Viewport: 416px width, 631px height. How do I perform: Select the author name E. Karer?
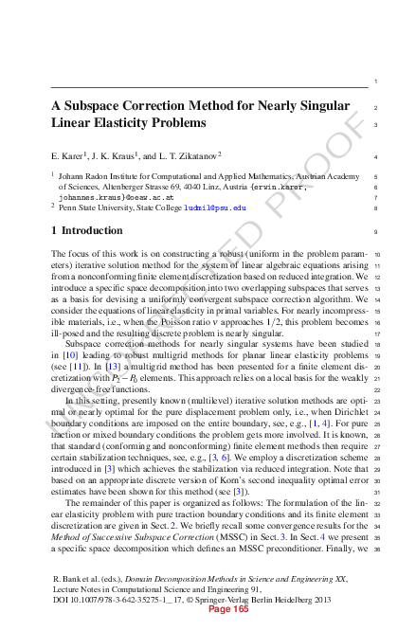pos(72,154)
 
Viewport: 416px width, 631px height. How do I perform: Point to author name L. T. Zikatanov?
pos(187,154)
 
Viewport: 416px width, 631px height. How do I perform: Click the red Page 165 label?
pos(228,610)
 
